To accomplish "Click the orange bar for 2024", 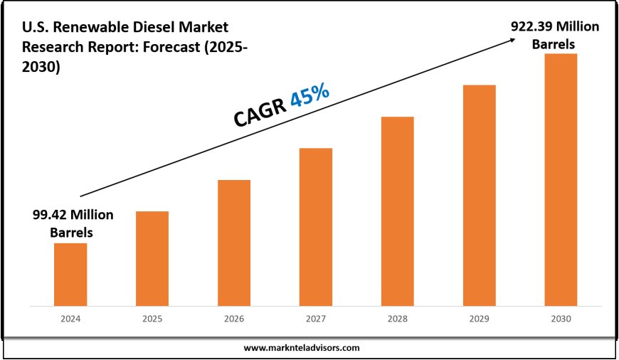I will point(70,275).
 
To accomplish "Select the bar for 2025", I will point(152,258).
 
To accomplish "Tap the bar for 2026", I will point(234,243).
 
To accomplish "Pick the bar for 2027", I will point(316,227).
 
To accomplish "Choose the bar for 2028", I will point(397,211).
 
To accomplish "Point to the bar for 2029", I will point(479,196).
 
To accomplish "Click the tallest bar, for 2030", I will point(561,179).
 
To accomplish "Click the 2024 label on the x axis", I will point(70,319).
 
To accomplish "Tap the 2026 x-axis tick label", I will point(234,319).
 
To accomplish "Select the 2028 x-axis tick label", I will point(397,319).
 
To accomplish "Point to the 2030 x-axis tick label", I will point(561,319).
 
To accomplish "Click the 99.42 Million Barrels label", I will point(73,223).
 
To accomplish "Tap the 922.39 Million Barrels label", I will point(555,35).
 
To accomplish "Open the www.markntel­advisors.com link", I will point(302,348).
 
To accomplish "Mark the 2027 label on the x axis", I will point(316,319).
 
